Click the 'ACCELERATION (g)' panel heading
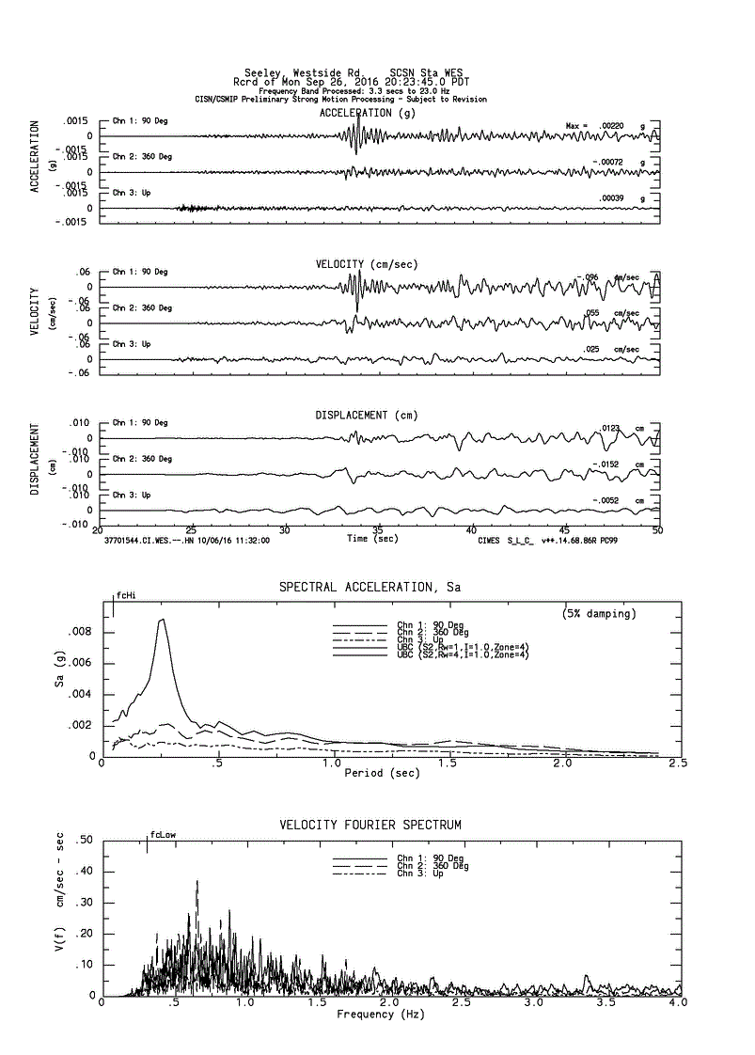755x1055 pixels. pyautogui.click(x=367, y=113)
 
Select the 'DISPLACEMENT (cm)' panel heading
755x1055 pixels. pyautogui.click(x=366, y=415)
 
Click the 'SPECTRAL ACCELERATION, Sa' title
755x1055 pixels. pyautogui.click(x=370, y=587)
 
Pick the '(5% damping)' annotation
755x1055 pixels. pyautogui.click(x=599, y=614)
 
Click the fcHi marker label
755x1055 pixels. pyautogui.click(x=124, y=595)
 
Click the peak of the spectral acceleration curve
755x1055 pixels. pyautogui.click(x=162, y=619)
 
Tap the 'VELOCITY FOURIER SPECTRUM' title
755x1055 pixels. pyautogui.click(x=370, y=825)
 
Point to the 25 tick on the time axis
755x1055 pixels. pyautogui.click(x=191, y=530)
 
